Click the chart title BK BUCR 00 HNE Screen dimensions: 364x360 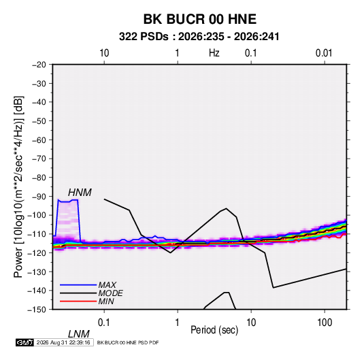pyautogui.click(x=199, y=19)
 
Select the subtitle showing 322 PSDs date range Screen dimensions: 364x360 pyautogui.click(x=199, y=37)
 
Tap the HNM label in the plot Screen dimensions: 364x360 pyautogui.click(x=80, y=193)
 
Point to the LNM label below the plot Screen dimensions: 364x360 pyautogui.click(x=78, y=334)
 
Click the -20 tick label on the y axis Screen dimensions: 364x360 pyautogui.click(x=39, y=65)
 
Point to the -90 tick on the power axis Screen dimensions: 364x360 pyautogui.click(x=39, y=197)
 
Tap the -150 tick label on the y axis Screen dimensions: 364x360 pyautogui.click(x=37, y=310)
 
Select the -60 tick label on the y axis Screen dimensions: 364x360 pyautogui.click(x=39, y=140)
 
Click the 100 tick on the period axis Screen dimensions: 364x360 pyautogui.click(x=325, y=323)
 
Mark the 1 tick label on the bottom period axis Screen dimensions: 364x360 pyautogui.click(x=178, y=323)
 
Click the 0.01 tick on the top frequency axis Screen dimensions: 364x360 pyautogui.click(x=324, y=53)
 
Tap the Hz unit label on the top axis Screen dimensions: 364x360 pyautogui.click(x=214, y=53)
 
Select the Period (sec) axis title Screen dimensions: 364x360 pyautogui.click(x=214, y=330)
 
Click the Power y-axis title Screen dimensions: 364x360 pyautogui.click(x=18, y=187)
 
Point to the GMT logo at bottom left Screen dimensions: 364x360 pyautogui.click(x=24, y=342)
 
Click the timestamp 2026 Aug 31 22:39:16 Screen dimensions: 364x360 pyautogui.click(x=63, y=342)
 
